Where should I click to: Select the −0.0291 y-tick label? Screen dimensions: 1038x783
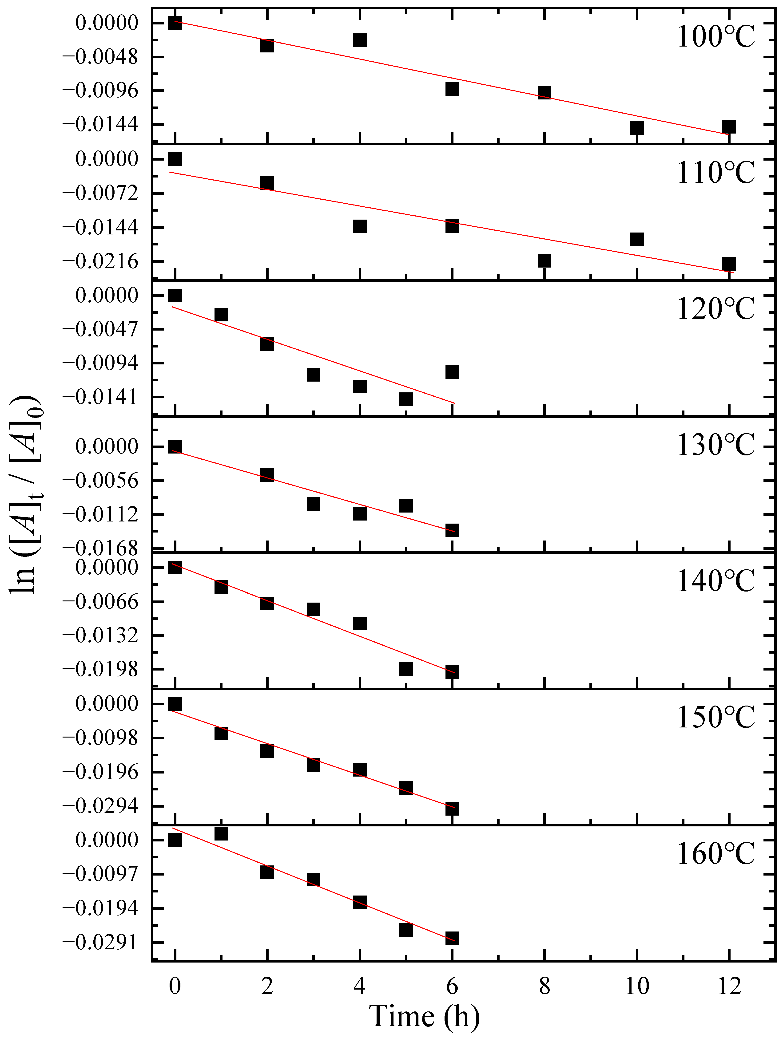(x=100, y=942)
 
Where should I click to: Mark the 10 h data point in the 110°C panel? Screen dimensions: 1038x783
(x=636, y=239)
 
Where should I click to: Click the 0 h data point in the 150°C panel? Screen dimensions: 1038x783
(x=175, y=704)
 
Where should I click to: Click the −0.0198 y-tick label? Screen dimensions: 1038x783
(x=100, y=670)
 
